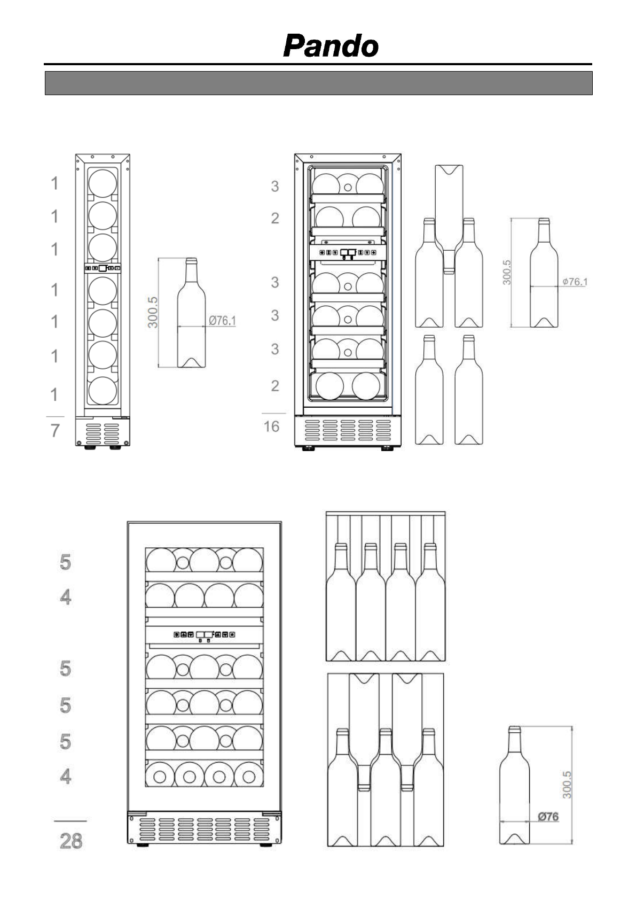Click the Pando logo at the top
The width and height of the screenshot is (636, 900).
click(x=331, y=46)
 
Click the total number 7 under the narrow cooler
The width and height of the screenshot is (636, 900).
click(x=55, y=430)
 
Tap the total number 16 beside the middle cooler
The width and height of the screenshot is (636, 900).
click(x=271, y=426)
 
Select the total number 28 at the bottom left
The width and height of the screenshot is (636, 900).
click(x=71, y=841)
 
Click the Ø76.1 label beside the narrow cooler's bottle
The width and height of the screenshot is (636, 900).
click(x=222, y=321)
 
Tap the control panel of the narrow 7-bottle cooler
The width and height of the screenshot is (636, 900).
click(x=103, y=268)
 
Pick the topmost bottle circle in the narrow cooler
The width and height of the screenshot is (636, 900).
click(x=103, y=182)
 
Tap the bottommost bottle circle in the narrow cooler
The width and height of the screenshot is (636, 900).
click(x=103, y=391)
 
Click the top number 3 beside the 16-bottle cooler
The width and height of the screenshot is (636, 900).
click(x=275, y=187)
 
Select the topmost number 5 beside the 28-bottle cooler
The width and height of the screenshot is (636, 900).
click(x=65, y=562)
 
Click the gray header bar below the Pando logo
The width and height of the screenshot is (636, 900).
click(x=318, y=83)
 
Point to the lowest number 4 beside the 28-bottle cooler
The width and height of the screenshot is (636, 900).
click(x=65, y=776)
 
